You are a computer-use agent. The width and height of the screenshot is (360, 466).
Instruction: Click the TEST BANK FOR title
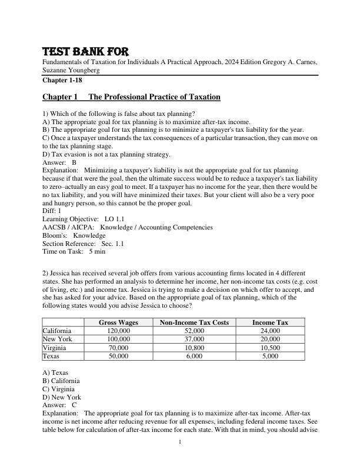[85, 51]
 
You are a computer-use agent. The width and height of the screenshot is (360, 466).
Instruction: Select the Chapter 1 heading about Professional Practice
[131, 97]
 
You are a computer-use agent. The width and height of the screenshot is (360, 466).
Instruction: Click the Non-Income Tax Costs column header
[194, 322]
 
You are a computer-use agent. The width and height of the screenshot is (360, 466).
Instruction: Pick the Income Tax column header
[270, 322]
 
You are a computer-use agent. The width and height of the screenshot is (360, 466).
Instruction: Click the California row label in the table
[57, 331]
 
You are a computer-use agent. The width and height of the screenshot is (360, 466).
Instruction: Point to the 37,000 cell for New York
[194, 339]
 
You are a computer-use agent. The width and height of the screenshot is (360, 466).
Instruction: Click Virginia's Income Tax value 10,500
[270, 348]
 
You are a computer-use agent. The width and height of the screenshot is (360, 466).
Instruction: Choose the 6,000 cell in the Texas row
[194, 356]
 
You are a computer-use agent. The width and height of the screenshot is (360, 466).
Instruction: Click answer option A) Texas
[55, 372]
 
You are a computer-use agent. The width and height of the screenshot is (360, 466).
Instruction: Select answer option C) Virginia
[59, 389]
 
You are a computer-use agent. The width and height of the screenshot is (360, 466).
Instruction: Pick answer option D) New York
[62, 397]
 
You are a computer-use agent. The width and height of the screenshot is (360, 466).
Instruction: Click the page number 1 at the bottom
[180, 441]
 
